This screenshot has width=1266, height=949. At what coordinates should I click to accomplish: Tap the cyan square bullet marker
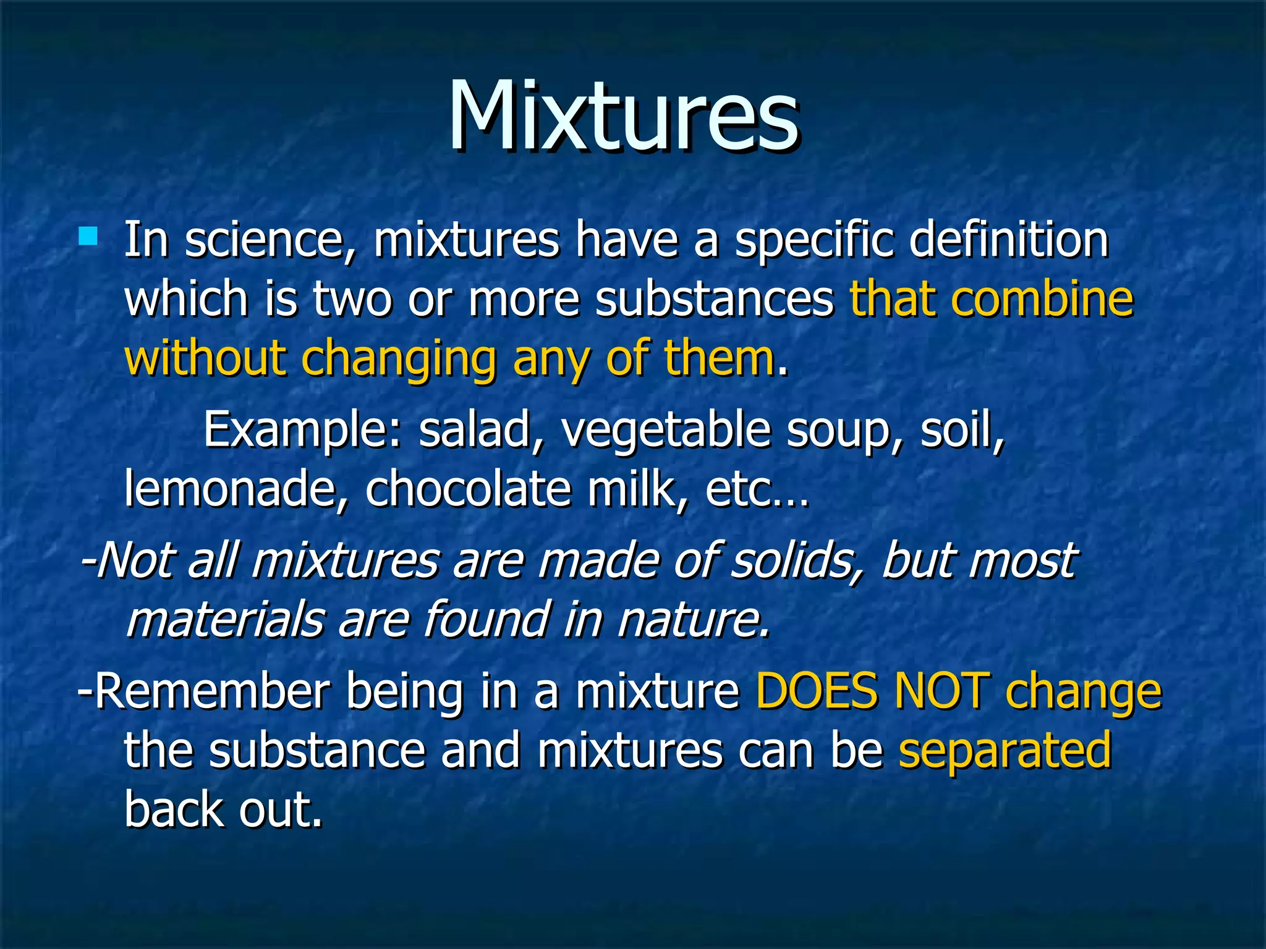click(88, 237)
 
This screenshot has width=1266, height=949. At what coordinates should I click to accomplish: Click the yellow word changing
click(399, 359)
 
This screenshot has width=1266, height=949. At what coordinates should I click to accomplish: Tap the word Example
click(303, 430)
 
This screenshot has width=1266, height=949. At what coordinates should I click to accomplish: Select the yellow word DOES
click(817, 691)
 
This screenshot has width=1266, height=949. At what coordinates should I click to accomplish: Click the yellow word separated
click(1005, 750)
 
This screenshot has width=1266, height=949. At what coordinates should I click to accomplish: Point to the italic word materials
click(226, 620)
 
